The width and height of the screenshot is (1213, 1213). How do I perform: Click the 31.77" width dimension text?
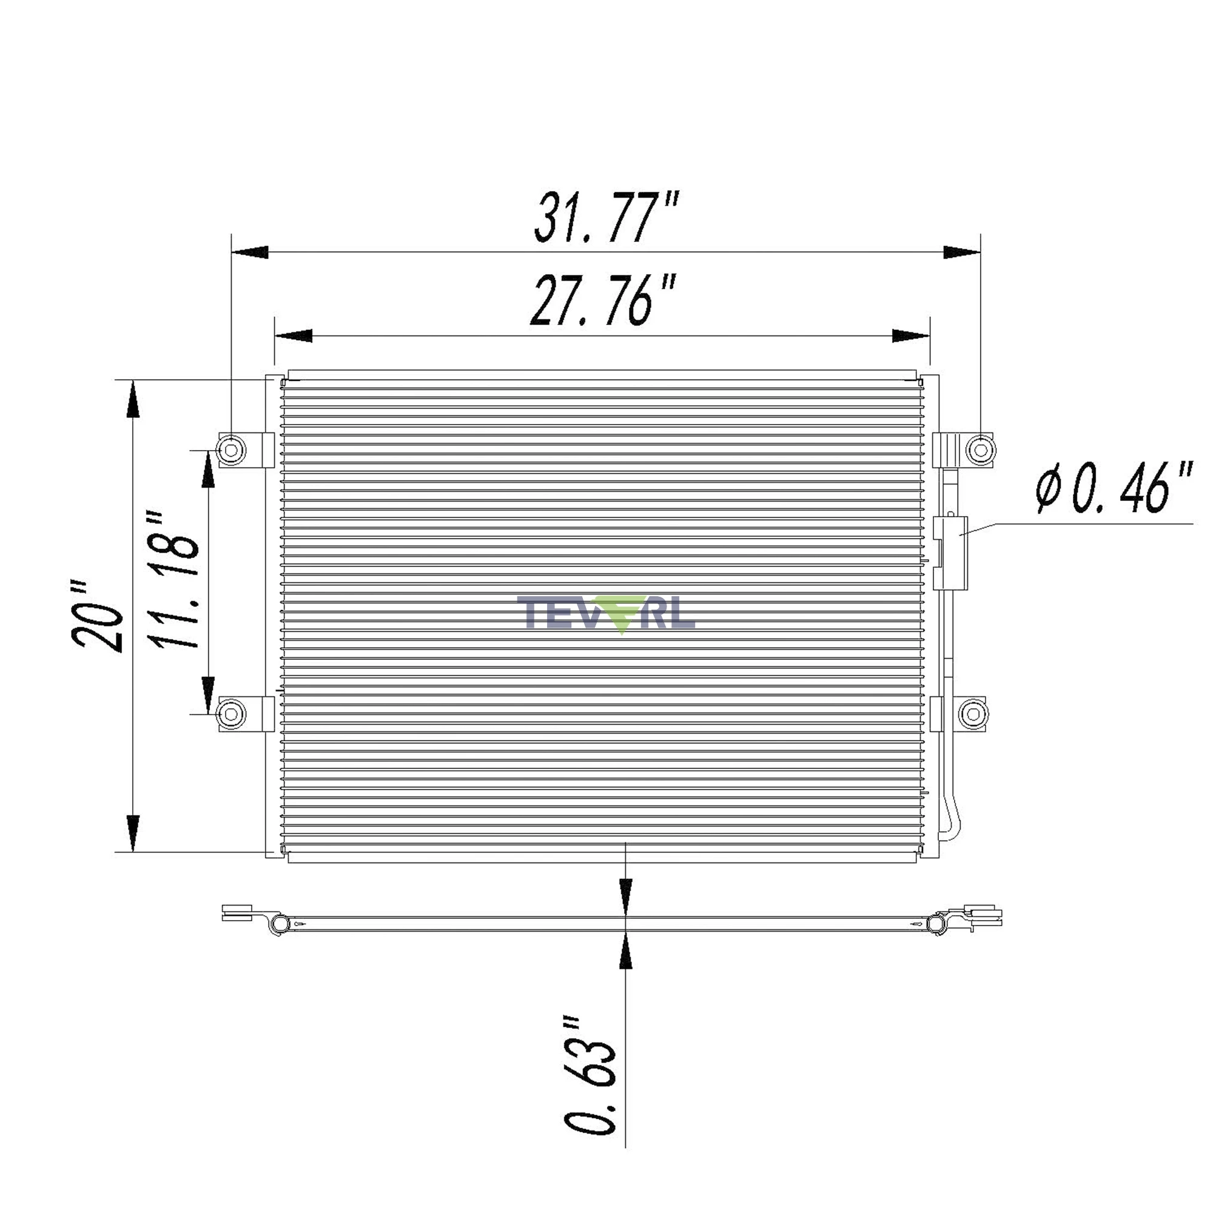point(606,218)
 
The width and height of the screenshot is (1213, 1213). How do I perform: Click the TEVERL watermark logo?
point(606,614)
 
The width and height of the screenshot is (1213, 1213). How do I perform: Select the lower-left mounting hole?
point(230,714)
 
